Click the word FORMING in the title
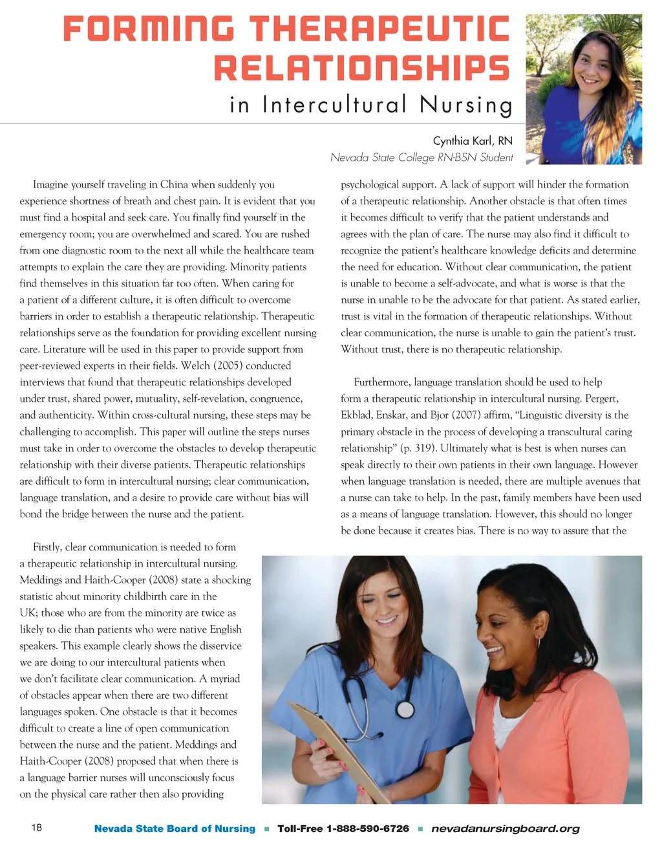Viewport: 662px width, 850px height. [x=149, y=29]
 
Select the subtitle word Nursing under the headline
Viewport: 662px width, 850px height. [x=465, y=105]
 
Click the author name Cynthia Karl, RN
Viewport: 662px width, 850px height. [x=473, y=140]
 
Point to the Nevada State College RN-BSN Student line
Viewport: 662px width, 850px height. [x=422, y=157]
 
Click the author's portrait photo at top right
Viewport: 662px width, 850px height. [x=584, y=89]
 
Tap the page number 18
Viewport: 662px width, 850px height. [x=37, y=828]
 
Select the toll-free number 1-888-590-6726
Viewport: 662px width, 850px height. [x=367, y=829]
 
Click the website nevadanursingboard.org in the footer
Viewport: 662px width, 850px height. [x=505, y=829]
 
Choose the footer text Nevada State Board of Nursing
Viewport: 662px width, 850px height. [x=175, y=829]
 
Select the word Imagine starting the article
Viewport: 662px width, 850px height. [x=50, y=184]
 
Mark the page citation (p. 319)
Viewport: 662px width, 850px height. [x=413, y=448]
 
